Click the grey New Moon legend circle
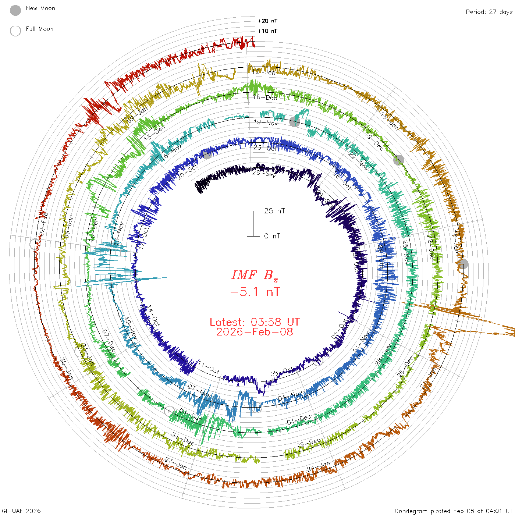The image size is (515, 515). [x=15, y=10]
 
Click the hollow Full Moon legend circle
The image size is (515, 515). [x=15, y=31]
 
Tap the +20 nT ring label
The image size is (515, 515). [x=267, y=21]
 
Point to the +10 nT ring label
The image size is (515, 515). [x=267, y=31]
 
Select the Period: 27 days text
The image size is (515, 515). [x=489, y=12]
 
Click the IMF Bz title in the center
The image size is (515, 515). [x=255, y=275]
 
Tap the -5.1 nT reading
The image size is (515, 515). [x=255, y=292]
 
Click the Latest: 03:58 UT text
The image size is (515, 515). [x=255, y=322]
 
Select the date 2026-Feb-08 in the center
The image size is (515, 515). [x=255, y=332]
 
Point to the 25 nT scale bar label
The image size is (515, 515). [x=274, y=211]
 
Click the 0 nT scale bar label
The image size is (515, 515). [x=272, y=236]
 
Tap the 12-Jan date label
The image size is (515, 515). [x=264, y=72]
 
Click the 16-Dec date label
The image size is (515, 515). [x=265, y=97]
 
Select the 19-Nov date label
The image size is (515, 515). [x=266, y=122]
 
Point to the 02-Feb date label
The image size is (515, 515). [x=43, y=224]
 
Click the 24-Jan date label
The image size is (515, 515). [x=319, y=467]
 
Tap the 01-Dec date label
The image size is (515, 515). [x=299, y=420]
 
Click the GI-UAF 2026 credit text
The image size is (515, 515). [x=21, y=511]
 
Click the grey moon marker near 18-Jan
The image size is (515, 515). [x=463, y=264]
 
